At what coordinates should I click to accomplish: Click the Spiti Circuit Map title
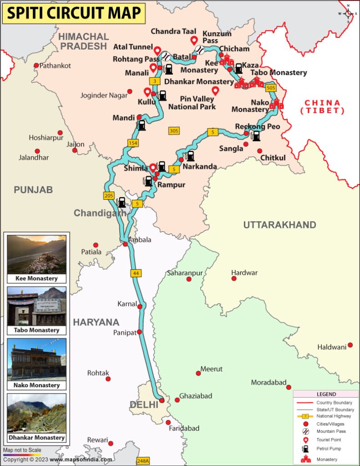coord(74,13)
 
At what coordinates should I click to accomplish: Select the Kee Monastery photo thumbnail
coord(36,254)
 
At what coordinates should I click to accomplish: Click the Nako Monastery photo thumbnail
coord(36,359)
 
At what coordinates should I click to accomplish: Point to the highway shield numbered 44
coord(135,274)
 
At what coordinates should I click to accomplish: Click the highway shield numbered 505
coord(271,87)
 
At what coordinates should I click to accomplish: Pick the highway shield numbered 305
coord(173,131)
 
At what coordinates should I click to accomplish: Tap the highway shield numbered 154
coord(133,143)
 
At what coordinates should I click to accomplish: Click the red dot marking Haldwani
coord(350,345)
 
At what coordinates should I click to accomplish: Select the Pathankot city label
coord(55,66)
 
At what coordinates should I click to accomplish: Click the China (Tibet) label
coord(322,106)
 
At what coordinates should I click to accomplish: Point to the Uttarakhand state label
coord(279,225)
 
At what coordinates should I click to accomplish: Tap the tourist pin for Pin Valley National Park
coord(216,90)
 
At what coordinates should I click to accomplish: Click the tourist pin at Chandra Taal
coord(194,41)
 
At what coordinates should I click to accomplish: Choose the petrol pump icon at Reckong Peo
coord(256,136)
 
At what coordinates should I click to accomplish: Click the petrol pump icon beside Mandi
coord(142,125)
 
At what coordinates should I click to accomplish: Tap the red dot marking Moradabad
coord(289,387)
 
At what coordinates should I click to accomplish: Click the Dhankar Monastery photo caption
coord(36,438)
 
